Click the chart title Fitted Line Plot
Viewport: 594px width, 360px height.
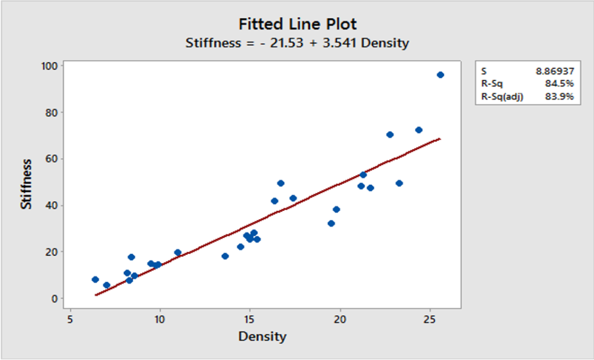tap(297, 24)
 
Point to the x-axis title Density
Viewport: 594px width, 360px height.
tap(262, 336)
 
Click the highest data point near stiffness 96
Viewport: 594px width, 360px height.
tap(440, 75)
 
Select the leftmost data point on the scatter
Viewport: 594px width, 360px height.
tap(95, 279)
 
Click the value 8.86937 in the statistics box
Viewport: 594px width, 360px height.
tap(555, 71)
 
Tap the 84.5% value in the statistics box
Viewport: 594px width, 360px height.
tap(560, 84)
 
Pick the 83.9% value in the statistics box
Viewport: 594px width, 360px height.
tap(560, 97)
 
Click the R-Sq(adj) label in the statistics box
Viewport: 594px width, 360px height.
tap(502, 97)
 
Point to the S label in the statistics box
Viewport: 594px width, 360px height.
tap(484, 71)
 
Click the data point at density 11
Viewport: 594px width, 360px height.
tap(178, 253)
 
